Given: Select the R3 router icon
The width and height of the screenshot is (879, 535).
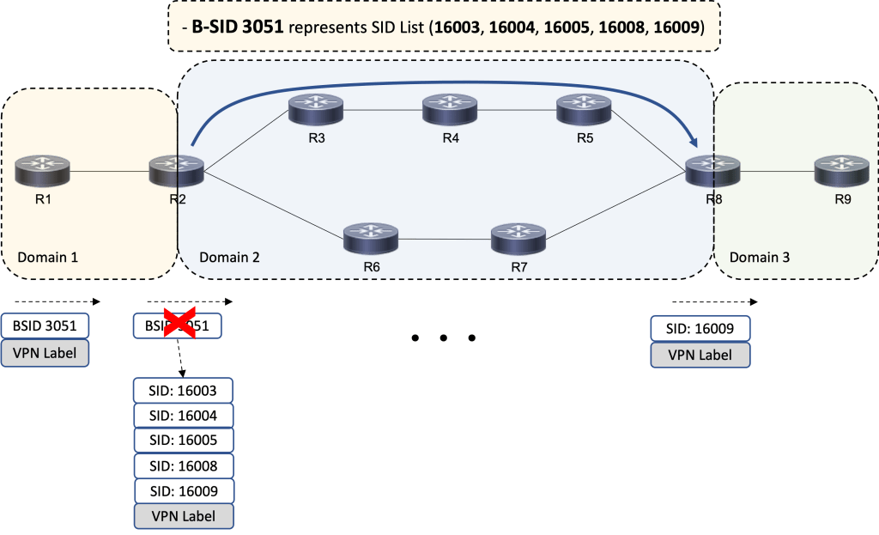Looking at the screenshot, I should point(316,109).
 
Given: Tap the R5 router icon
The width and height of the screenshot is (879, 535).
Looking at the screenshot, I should point(584,109).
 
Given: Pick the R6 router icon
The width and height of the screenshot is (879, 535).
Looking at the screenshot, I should point(371,238).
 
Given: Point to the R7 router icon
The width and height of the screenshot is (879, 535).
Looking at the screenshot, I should point(518,238).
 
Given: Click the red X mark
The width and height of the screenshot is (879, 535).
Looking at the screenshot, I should point(179,325).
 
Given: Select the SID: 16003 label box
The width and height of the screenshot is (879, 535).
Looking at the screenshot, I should point(183,391).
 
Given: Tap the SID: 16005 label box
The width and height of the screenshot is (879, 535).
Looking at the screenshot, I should point(183,441).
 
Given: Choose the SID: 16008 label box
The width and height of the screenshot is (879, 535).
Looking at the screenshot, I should point(183,466).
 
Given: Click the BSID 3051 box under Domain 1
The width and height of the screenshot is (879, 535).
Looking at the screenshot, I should point(45,326).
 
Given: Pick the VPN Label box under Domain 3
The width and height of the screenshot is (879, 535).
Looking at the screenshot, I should point(700,355).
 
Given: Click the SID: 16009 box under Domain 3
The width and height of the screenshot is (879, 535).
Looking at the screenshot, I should point(700,329).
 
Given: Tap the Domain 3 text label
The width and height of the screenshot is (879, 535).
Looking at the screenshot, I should point(759,257).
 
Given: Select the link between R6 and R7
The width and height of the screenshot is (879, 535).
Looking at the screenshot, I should point(445,239).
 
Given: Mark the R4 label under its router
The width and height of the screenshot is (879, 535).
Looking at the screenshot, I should point(451,138).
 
